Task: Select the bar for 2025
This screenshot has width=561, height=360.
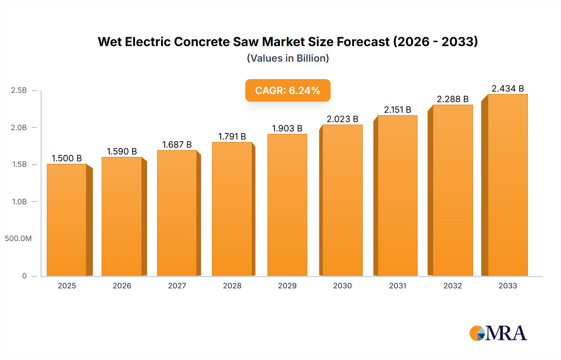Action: tap(67, 220)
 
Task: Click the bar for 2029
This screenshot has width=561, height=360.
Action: tap(287, 205)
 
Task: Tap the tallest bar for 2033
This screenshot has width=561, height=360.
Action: tap(508, 185)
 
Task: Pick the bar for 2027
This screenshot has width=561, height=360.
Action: tap(177, 213)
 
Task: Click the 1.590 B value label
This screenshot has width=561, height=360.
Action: tap(122, 151)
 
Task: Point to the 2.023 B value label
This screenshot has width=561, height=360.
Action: tap(342, 119)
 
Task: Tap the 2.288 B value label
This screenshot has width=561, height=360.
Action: tap(453, 99)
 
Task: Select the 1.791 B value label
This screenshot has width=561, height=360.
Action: tap(232, 136)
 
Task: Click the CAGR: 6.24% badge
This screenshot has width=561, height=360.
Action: tap(288, 90)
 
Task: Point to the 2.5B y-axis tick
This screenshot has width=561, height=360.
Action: tap(19, 90)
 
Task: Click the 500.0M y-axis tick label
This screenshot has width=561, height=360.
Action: tap(18, 239)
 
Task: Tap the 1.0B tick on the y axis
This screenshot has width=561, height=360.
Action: tap(19, 201)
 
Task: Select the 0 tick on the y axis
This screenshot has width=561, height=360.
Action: tap(24, 276)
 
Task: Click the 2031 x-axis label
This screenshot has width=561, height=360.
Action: tap(397, 286)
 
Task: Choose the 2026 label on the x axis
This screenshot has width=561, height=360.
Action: tap(122, 286)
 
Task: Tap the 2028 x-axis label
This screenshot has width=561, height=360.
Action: tap(232, 286)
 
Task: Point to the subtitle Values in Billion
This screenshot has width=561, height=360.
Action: tap(288, 58)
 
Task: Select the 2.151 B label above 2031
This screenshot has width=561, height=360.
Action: tap(397, 110)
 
